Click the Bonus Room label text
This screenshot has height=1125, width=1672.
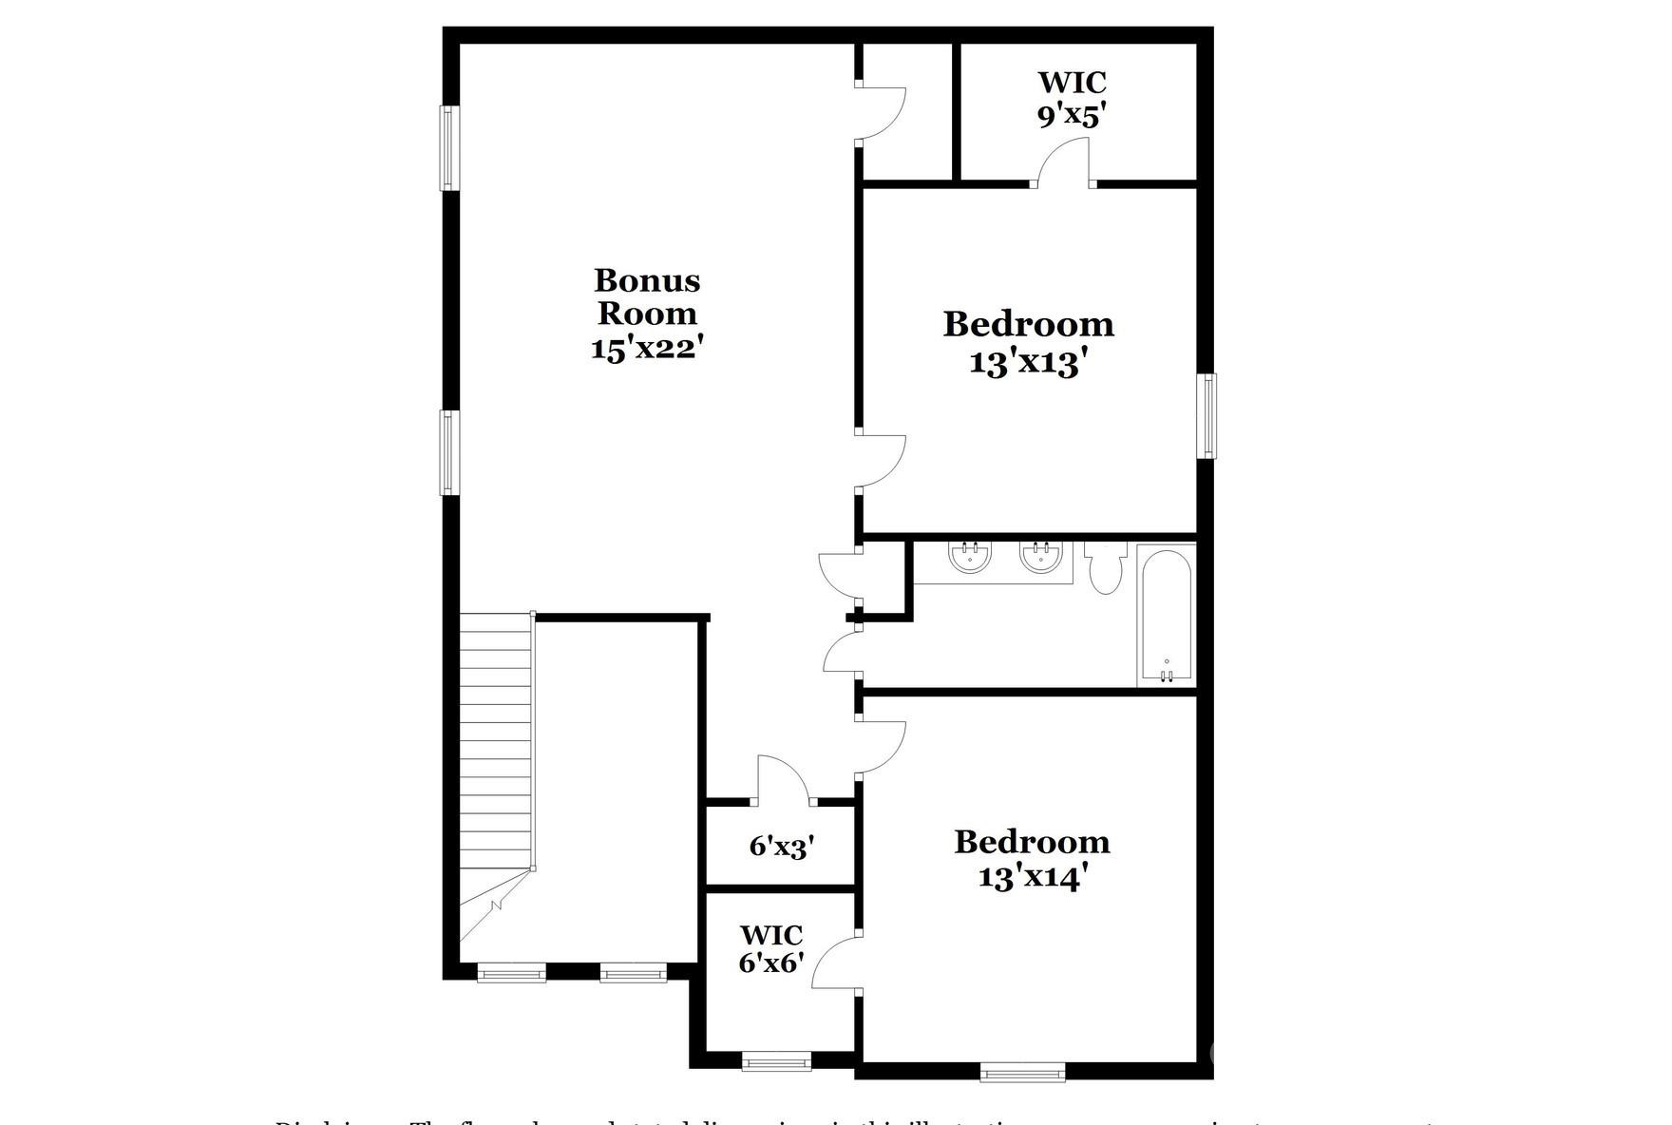647,296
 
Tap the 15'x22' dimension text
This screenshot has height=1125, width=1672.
647,348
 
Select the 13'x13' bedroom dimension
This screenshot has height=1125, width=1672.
1028,362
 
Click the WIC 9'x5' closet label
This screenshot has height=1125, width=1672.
1072,99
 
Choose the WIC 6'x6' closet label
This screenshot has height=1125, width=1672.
770,949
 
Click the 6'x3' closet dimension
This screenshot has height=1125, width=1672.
782,846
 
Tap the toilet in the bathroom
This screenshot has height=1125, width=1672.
1105,567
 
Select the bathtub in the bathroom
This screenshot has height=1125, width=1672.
1166,614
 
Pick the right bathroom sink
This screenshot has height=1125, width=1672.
1041,558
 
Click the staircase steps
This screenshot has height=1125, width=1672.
495,741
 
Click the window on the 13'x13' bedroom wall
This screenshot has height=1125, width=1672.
1206,415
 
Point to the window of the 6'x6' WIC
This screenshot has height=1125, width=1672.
776,1060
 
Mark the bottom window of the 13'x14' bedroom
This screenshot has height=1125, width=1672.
1022,1073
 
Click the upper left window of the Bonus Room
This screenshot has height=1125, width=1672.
449,147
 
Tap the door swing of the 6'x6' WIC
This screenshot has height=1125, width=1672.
834,963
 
